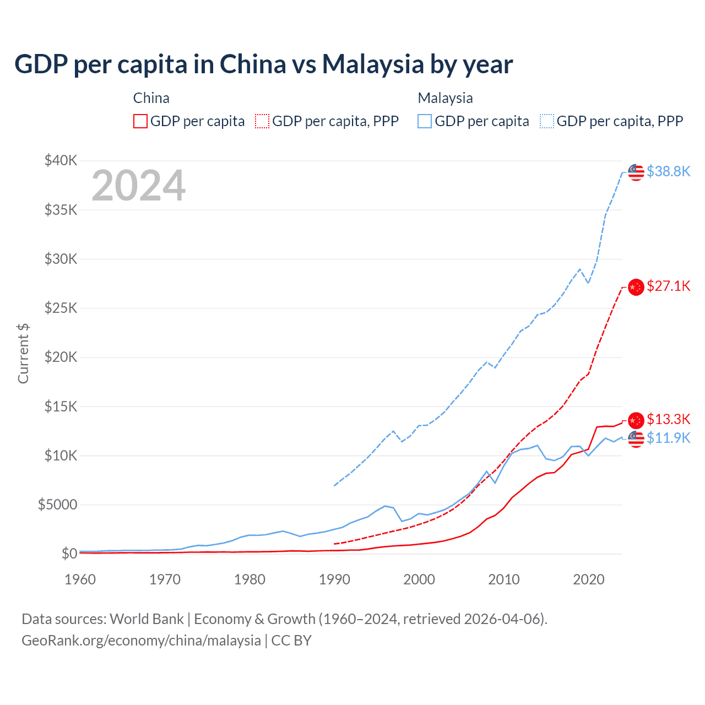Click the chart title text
click(x=263, y=64)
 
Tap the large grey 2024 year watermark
click(x=138, y=186)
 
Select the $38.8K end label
click(x=668, y=172)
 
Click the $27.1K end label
click(x=668, y=286)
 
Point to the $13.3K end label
click(x=668, y=420)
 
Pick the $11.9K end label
click(x=668, y=438)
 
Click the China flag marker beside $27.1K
click(x=636, y=287)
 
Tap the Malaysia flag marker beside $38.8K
click(x=636, y=172)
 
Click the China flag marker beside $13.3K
click(x=636, y=420)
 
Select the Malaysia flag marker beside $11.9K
click(x=636, y=439)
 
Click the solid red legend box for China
click(x=140, y=121)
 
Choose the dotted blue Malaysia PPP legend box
click(x=547, y=121)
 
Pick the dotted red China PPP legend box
click(x=262, y=121)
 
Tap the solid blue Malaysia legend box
click(x=425, y=121)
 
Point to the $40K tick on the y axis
click(x=61, y=161)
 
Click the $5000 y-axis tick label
click(x=57, y=505)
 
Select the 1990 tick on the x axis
click(x=334, y=579)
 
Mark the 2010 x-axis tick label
click(x=504, y=579)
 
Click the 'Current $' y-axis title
click(x=23, y=354)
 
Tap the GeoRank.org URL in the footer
click(x=141, y=641)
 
